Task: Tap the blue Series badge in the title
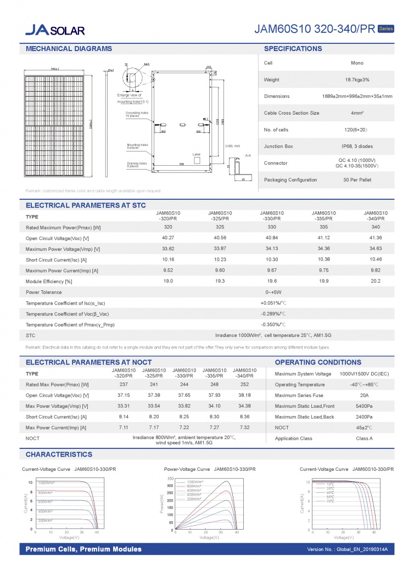click(386, 29)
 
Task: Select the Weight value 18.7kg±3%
click(357, 80)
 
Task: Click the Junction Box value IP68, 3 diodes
click(357, 147)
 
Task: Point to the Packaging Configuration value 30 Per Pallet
click(357, 180)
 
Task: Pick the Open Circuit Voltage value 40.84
click(272, 238)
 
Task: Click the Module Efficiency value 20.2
click(376, 281)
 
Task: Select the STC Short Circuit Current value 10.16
click(168, 260)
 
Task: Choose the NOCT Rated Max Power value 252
click(245, 384)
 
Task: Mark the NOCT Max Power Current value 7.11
click(124, 427)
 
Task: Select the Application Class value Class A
click(364, 439)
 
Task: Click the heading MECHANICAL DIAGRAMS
click(69, 49)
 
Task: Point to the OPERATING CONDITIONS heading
click(317, 362)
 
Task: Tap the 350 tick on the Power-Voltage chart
click(170, 479)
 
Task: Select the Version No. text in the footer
click(348, 549)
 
